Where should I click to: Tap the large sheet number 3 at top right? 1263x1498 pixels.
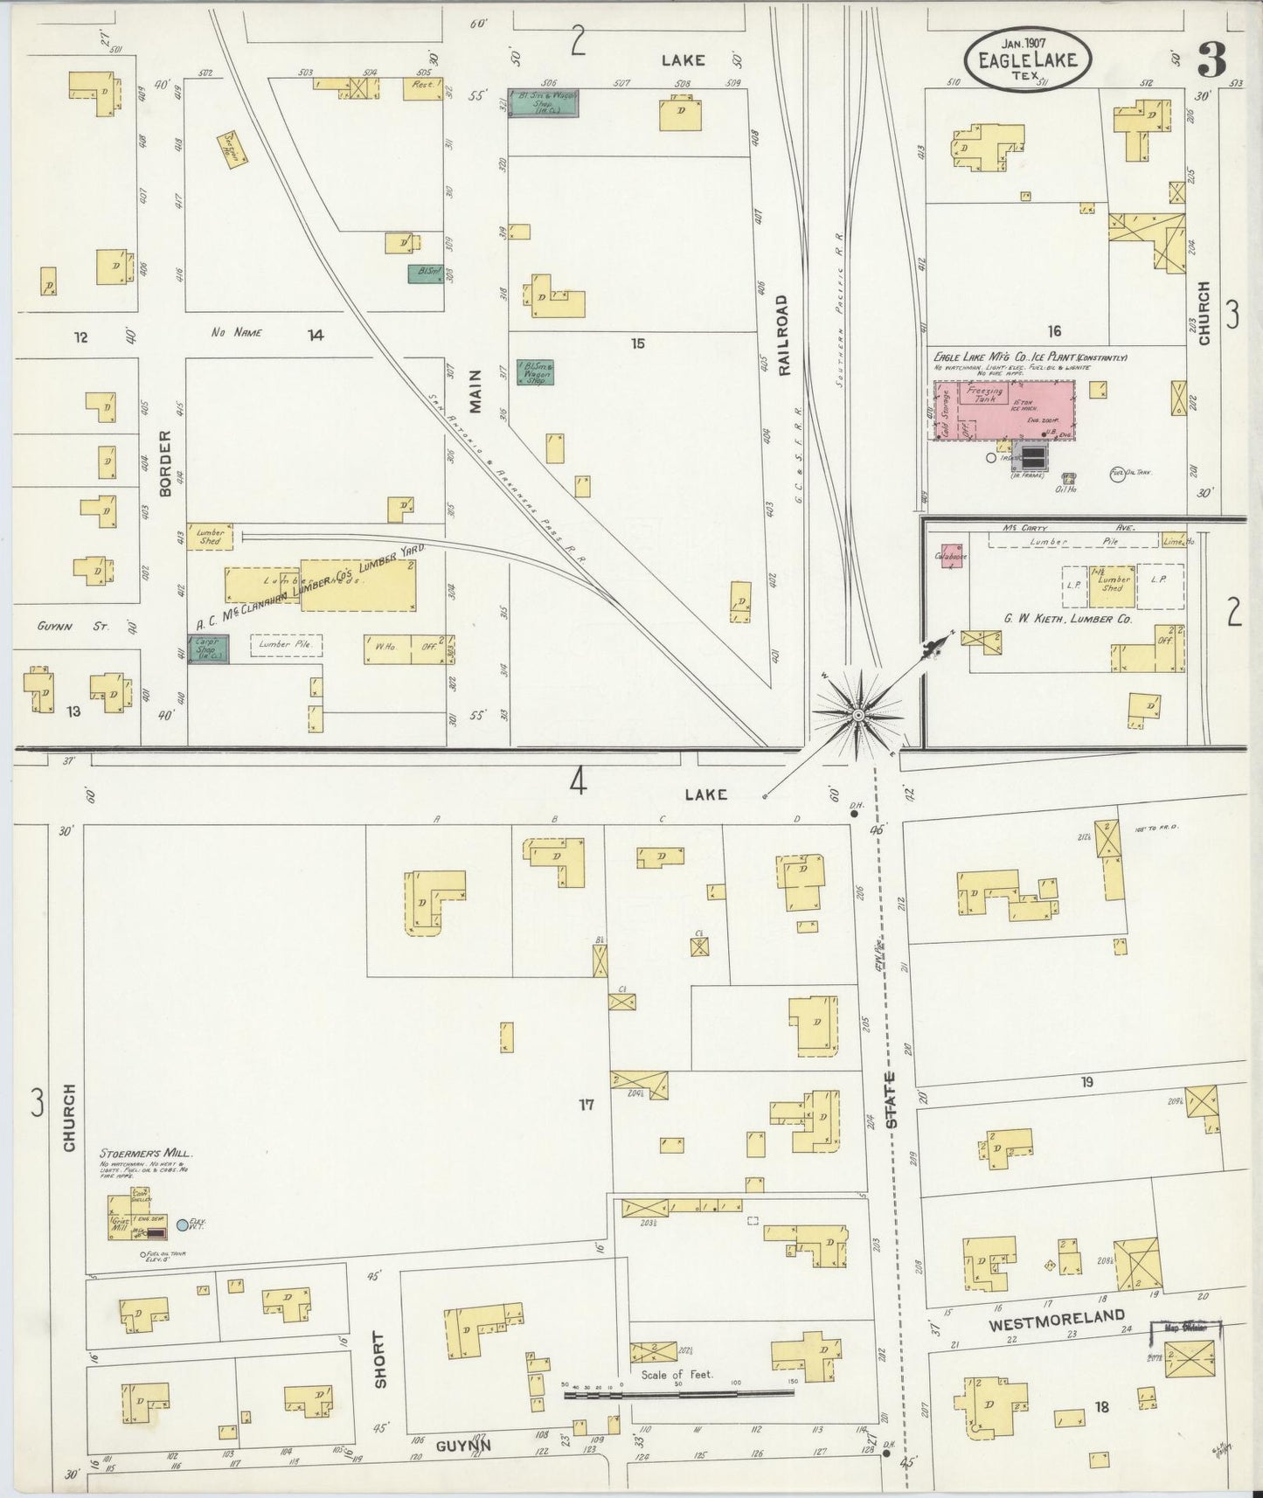tap(1211, 60)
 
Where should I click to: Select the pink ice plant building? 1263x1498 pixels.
tap(1005, 410)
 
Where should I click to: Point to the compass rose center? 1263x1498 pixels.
tap(858, 715)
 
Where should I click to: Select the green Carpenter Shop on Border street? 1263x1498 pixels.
tap(210, 649)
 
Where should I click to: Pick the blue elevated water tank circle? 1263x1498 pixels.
tap(183, 1225)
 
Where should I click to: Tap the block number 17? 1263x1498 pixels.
tap(586, 1105)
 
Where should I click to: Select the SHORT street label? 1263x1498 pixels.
tap(378, 1360)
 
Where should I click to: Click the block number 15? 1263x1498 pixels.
tap(638, 344)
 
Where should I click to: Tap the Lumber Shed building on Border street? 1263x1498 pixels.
tap(210, 537)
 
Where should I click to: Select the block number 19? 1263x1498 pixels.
tap(1086, 1081)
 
